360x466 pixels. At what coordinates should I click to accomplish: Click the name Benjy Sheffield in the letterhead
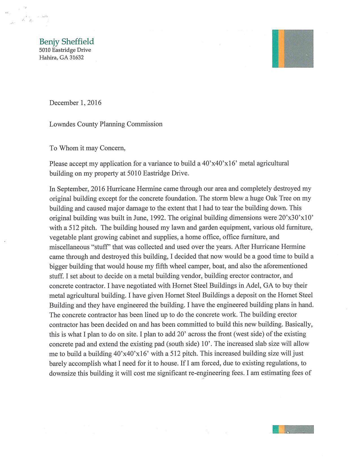click(x=66, y=42)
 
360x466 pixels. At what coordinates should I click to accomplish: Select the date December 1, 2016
click(x=75, y=103)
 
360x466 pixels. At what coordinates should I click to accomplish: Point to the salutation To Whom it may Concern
click(x=87, y=148)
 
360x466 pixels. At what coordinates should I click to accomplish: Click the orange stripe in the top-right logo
click(x=281, y=49)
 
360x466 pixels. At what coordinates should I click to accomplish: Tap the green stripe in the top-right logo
click(x=275, y=49)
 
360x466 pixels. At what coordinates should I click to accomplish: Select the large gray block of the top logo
click(x=299, y=49)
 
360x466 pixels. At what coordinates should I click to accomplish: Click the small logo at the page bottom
click(x=293, y=429)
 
